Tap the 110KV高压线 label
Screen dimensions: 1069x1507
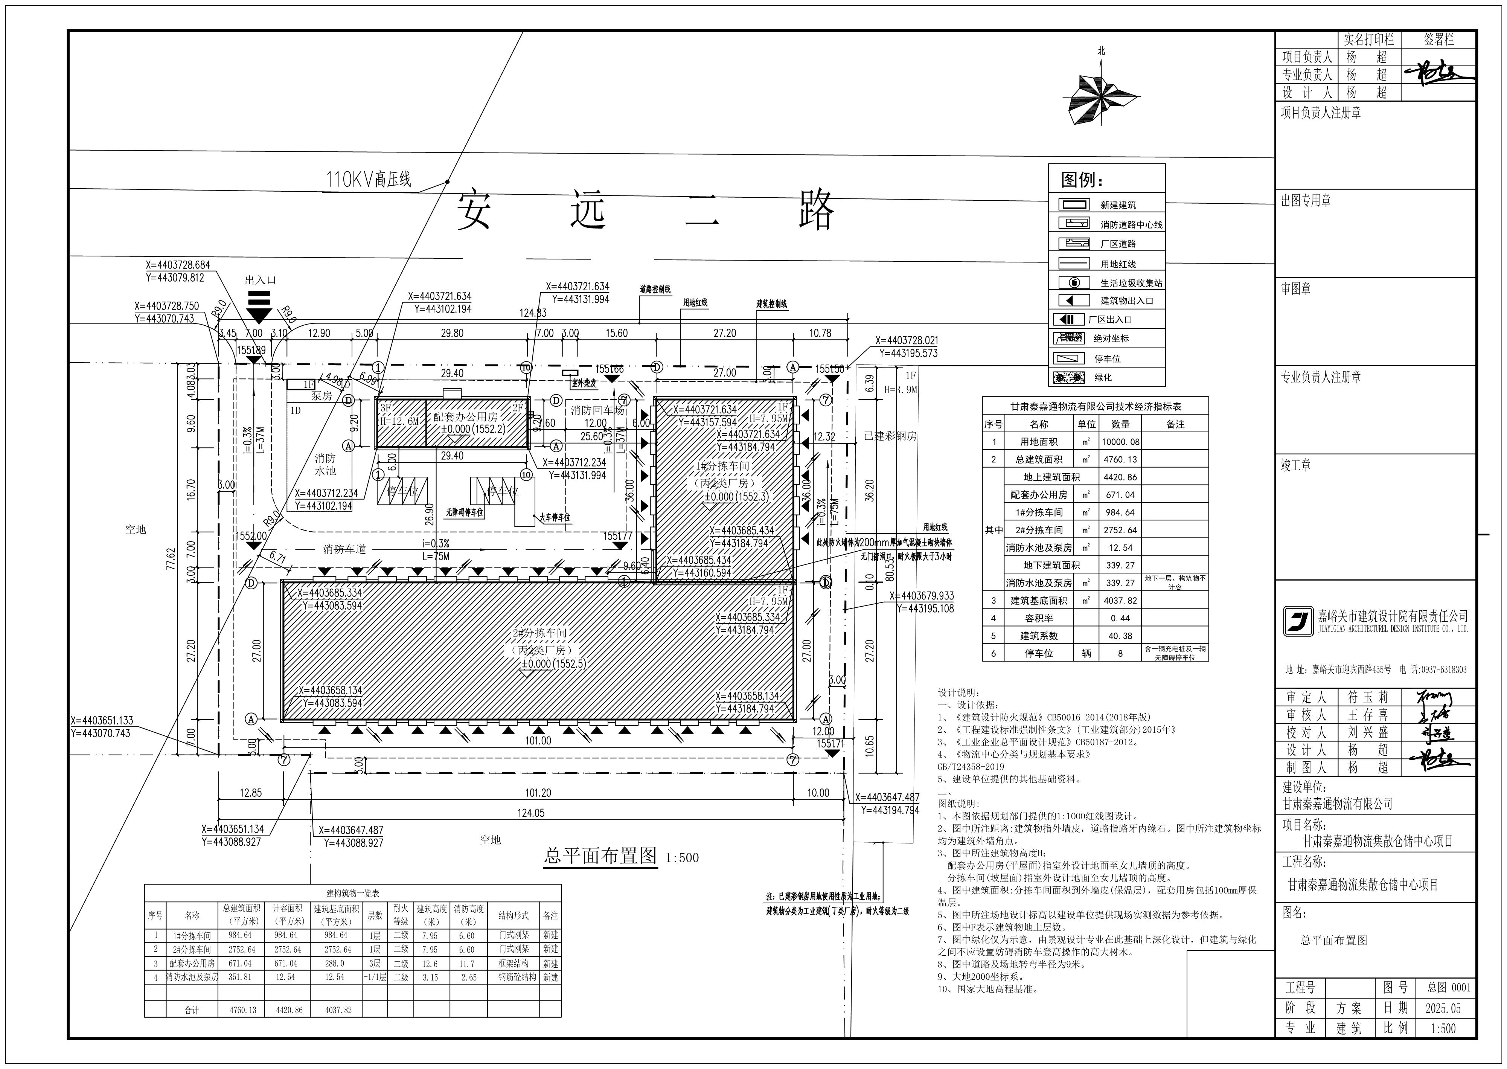[369, 179]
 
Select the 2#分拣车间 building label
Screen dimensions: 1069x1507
[539, 633]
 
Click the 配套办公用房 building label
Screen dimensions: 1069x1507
[465, 417]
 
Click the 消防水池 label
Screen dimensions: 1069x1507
[325, 464]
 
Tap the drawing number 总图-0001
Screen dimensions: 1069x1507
[1448, 987]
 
